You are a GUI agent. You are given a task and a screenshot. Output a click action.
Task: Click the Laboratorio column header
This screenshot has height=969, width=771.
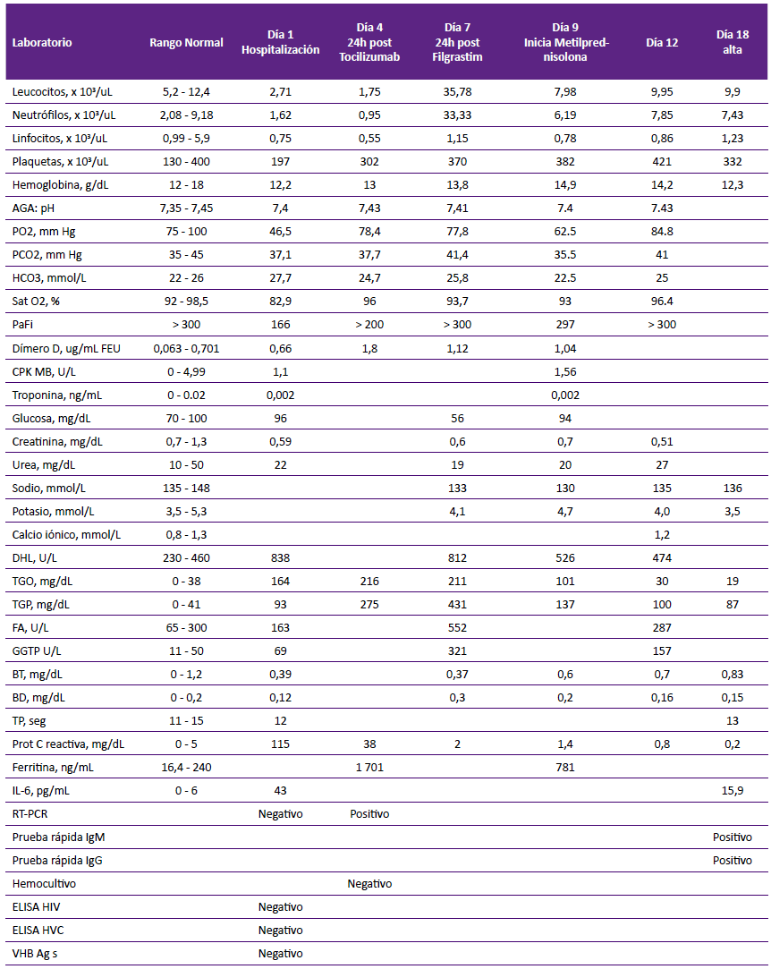(42, 43)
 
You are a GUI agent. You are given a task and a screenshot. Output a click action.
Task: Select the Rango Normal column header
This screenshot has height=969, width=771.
(186, 43)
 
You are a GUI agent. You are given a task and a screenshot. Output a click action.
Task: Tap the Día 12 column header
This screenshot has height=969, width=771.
(662, 43)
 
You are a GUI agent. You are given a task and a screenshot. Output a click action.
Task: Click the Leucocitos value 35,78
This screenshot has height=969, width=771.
(457, 92)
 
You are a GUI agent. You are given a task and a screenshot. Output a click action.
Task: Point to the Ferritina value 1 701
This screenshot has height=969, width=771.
(369, 768)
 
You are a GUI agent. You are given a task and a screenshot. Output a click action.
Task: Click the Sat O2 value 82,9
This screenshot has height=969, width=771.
(281, 302)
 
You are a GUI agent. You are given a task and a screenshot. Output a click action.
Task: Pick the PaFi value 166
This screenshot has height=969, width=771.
(281, 325)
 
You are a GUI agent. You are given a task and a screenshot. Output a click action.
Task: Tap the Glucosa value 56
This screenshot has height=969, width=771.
(457, 419)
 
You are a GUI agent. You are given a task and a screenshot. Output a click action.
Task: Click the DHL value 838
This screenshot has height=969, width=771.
(281, 558)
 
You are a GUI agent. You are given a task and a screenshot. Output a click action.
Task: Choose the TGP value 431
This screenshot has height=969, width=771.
(457, 604)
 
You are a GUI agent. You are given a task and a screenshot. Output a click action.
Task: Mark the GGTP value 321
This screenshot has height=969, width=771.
(457, 651)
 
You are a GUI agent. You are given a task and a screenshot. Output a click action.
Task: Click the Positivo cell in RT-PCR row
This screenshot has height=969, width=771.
(369, 814)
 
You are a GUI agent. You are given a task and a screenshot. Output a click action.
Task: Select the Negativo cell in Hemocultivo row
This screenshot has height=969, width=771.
(369, 884)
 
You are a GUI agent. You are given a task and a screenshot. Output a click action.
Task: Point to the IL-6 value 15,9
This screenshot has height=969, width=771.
(732, 791)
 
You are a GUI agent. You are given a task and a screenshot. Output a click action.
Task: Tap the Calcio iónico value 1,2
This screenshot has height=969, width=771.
(662, 535)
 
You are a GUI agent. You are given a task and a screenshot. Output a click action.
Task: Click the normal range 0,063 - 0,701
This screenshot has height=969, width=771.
(186, 349)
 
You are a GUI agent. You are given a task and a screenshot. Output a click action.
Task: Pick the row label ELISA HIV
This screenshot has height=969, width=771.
(37, 907)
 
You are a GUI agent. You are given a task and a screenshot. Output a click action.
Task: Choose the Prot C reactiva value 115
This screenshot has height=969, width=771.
(281, 744)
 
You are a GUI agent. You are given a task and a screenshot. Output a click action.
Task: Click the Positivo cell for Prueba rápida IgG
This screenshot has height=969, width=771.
(732, 860)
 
